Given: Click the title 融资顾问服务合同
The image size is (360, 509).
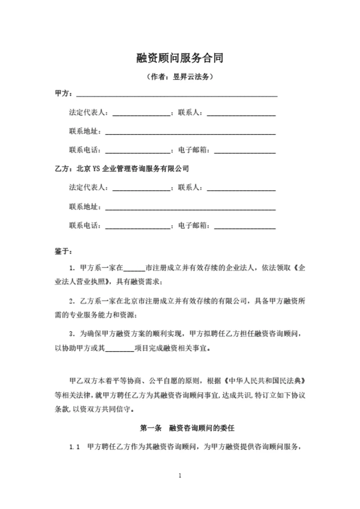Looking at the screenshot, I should pos(180,58).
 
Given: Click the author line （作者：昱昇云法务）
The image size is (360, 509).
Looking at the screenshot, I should pos(180,77).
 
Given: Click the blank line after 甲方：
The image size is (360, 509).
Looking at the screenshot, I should pos(176,95).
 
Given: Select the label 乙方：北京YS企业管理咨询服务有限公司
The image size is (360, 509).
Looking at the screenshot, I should pos(121,170).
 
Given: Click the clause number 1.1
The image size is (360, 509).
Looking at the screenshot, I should pos(75,447).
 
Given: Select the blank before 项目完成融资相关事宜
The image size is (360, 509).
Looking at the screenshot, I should pos(120,348).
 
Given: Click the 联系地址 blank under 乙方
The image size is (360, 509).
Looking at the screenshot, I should pos(190,208).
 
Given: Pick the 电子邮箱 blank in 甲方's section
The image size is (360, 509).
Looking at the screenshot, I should pos(245,151).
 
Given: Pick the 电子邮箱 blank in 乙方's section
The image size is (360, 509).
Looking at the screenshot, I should pos(245,226).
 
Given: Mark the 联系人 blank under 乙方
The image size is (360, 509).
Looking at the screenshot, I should pos(241,188).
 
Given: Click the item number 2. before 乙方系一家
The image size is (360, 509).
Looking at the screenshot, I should pos(72,300).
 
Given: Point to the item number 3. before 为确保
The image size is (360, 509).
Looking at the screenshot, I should pos(72,334).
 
